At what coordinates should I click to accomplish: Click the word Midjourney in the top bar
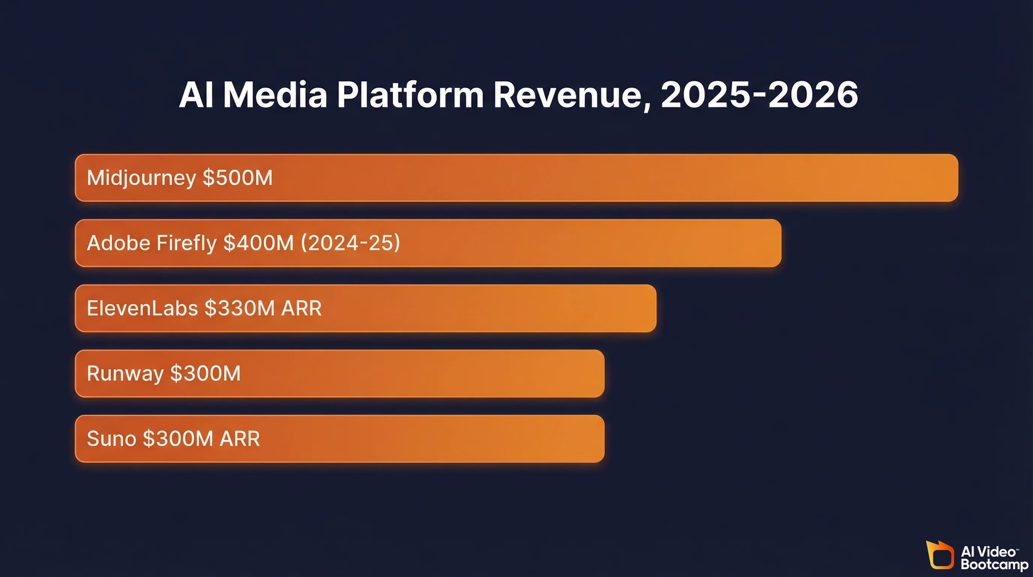tap(141, 178)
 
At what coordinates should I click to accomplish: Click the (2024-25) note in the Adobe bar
tap(351, 243)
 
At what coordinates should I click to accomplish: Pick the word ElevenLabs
tap(142, 308)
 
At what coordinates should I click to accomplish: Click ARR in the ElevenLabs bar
tap(301, 308)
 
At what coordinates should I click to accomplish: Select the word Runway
tap(125, 373)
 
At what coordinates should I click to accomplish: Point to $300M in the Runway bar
tap(205, 373)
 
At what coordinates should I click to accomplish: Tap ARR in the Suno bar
tap(240, 438)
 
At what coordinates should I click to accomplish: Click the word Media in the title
tap(275, 95)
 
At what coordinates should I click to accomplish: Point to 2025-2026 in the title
tap(759, 95)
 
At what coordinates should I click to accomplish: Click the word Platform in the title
tap(410, 95)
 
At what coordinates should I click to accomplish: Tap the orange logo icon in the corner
tap(940, 555)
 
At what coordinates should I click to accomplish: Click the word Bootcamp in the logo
tap(994, 565)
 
